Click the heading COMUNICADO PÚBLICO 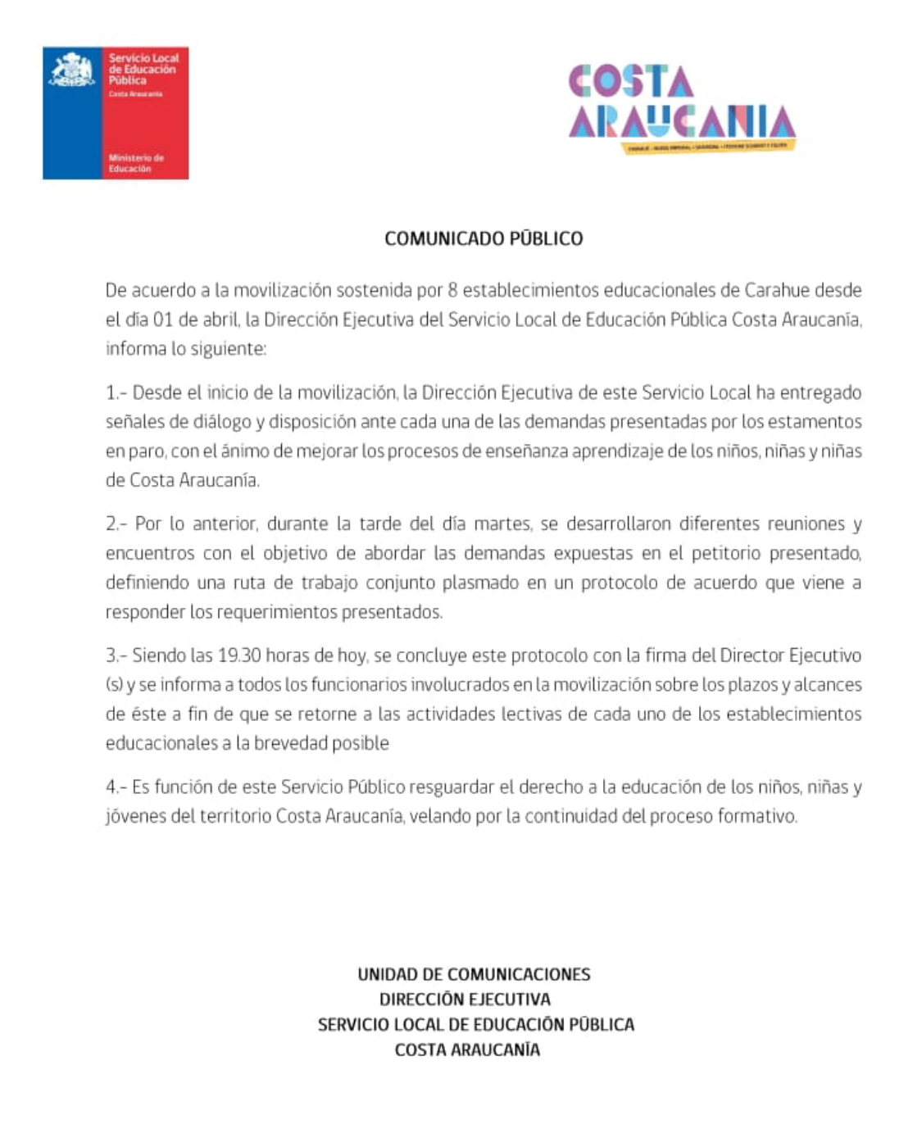484,238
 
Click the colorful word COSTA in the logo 631,81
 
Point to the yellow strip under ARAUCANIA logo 710,146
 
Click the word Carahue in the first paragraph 777,290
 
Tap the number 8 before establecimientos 452,290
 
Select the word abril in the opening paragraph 220,320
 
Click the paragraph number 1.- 116,392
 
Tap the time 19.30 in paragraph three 239,655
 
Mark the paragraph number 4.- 116,787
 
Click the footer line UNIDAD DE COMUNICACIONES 474,974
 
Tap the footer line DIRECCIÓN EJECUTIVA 465,1000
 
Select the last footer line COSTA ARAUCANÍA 467,1050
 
